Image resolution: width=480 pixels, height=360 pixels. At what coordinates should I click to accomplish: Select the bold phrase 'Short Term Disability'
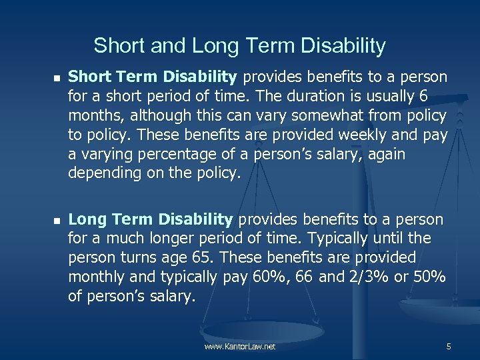pos(153,77)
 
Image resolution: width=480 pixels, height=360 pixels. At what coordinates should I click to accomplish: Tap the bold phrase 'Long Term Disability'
pos(151,219)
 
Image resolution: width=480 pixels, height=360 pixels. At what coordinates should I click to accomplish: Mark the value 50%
pos(430,276)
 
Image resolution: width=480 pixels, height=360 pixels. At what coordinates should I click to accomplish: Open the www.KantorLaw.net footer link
pos(240,347)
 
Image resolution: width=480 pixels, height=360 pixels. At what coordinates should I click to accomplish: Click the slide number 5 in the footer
pos(449,347)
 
